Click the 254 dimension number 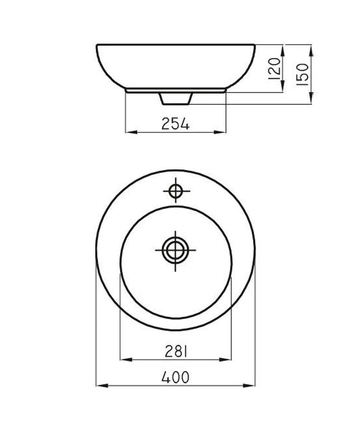pos(176,124)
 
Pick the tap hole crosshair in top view pos(176,191)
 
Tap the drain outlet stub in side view pos(176,98)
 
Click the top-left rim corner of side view pos(98,45)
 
